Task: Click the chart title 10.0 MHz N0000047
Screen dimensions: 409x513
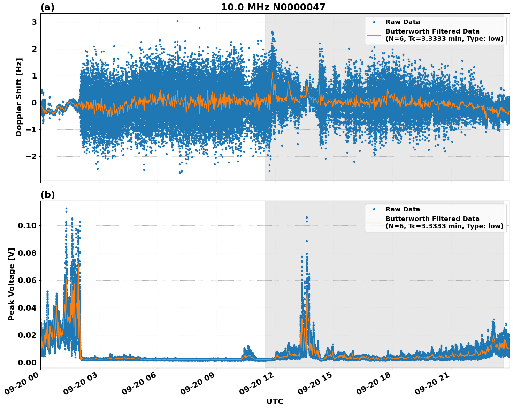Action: (273, 7)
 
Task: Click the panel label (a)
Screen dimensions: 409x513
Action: (47, 7)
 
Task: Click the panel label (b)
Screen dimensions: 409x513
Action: (47, 195)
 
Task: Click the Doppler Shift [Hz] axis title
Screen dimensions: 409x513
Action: (19, 97)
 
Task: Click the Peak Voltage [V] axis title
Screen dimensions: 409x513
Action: (12, 284)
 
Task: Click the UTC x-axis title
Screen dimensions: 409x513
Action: (275, 401)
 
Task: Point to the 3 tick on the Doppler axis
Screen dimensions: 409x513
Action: (34, 22)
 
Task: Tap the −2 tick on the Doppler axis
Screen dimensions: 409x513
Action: (31, 156)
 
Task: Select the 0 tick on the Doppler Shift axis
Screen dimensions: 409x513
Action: (34, 103)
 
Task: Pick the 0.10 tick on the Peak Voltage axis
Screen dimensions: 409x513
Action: (27, 225)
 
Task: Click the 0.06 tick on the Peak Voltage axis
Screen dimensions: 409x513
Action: (27, 280)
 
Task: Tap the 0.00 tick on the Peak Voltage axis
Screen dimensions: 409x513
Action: (27, 363)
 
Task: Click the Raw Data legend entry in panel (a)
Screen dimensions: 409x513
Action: (403, 22)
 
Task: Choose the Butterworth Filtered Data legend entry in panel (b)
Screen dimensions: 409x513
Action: (444, 222)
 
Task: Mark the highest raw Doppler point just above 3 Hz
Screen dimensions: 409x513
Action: (177, 21)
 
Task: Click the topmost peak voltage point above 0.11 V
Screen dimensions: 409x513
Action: (66, 209)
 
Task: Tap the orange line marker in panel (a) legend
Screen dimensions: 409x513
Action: (374, 35)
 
